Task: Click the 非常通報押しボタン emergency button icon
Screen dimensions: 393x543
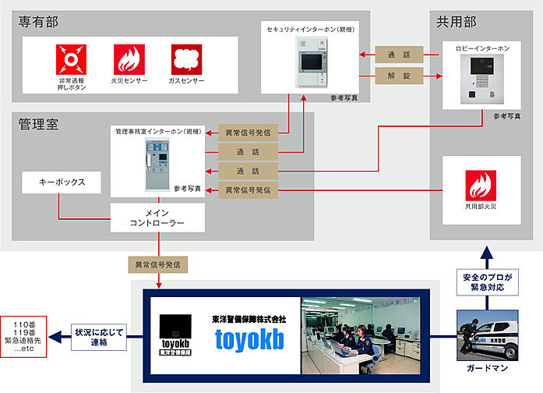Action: pyautogui.click(x=71, y=59)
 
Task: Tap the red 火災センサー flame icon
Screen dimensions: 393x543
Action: pyautogui.click(x=129, y=59)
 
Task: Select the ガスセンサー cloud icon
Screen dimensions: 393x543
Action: pyautogui.click(x=187, y=59)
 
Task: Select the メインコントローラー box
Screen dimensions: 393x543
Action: pyautogui.click(x=158, y=218)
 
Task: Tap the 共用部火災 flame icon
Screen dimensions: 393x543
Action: pyautogui.click(x=480, y=186)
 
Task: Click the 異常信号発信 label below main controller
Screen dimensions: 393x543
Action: pyautogui.click(x=159, y=265)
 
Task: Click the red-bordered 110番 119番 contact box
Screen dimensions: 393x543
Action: pyautogui.click(x=24, y=337)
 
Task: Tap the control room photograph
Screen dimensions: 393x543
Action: pyautogui.click(x=360, y=335)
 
